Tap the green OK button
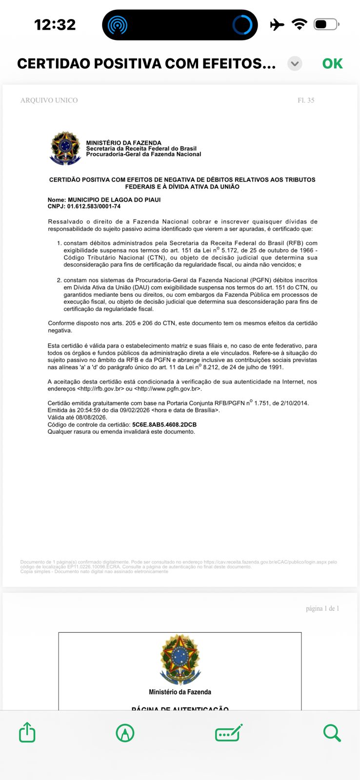point(332,64)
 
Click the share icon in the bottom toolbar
point(27,732)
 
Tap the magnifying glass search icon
point(332,732)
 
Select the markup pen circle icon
point(125,733)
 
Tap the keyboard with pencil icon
point(228,733)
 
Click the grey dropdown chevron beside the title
point(295,64)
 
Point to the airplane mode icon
point(277,24)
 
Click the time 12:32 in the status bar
point(55,24)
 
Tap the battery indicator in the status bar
point(326,24)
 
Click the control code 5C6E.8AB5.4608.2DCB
point(164,425)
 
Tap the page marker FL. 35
point(306,100)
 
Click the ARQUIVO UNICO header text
point(49,100)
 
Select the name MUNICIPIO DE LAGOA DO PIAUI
point(114,200)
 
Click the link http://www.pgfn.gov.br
point(167,389)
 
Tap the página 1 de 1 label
point(322,608)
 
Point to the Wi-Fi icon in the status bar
point(299,24)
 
